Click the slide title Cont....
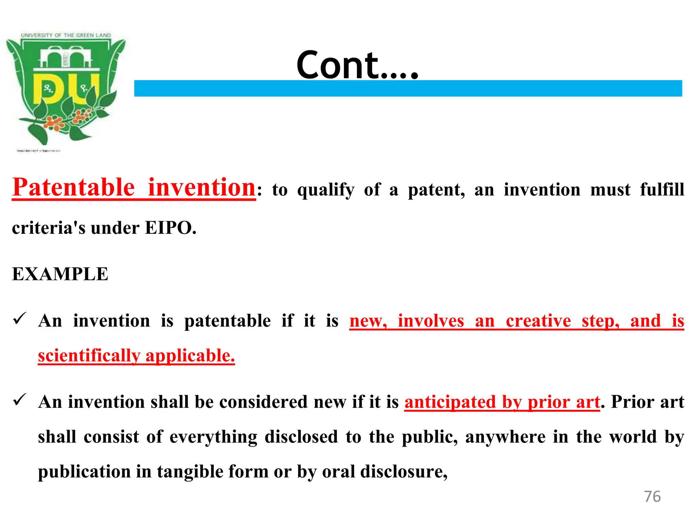(x=357, y=65)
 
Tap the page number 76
(x=652, y=497)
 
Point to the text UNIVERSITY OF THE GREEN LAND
(x=66, y=35)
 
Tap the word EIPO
(x=170, y=228)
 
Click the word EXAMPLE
(x=60, y=274)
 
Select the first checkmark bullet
(x=19, y=319)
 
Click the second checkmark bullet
(x=19, y=400)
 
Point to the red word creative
(x=538, y=321)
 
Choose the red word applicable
(x=190, y=356)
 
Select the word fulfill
(x=662, y=189)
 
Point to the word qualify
(x=326, y=190)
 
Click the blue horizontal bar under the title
(x=408, y=89)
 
